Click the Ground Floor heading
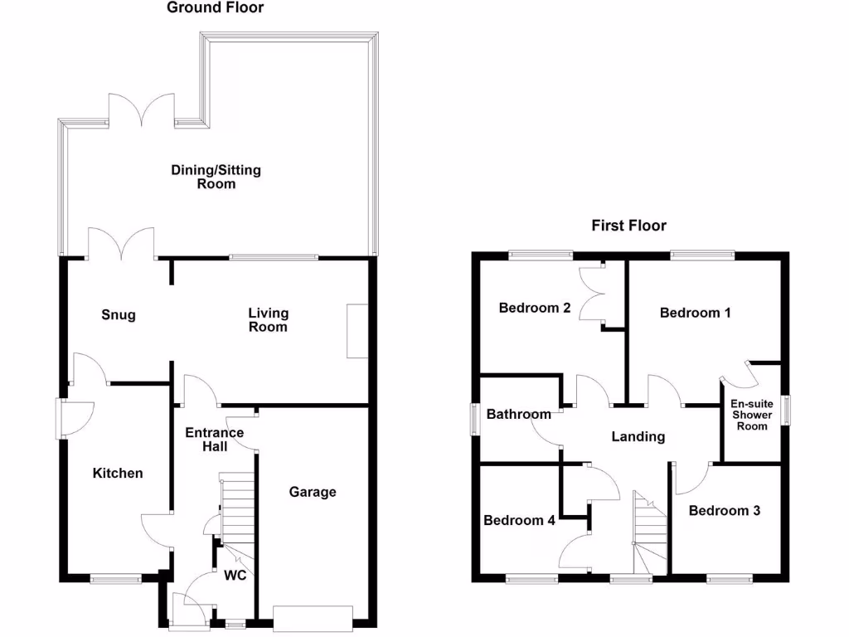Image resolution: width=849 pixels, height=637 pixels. click(x=216, y=8)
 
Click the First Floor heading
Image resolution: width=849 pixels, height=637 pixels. click(x=628, y=226)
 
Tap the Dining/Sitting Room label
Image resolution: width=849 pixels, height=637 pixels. click(x=216, y=177)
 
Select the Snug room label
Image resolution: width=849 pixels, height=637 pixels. click(x=119, y=315)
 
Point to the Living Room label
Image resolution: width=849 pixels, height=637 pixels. click(x=269, y=319)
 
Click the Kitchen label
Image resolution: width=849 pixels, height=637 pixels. click(x=118, y=473)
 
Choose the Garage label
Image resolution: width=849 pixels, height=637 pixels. click(x=313, y=492)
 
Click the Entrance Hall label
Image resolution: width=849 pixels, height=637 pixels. click(x=214, y=440)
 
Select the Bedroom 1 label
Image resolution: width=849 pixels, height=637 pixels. click(x=695, y=313)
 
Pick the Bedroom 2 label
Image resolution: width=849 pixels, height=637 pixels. click(x=535, y=308)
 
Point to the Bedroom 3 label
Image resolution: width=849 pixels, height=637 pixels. click(x=725, y=511)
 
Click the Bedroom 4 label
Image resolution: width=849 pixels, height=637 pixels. click(x=519, y=521)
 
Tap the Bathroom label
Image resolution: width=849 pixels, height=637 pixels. click(x=519, y=414)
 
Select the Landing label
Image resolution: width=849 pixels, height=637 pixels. click(x=638, y=436)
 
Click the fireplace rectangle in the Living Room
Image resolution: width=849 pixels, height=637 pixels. click(x=357, y=331)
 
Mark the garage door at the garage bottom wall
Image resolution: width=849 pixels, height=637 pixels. click(x=313, y=617)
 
